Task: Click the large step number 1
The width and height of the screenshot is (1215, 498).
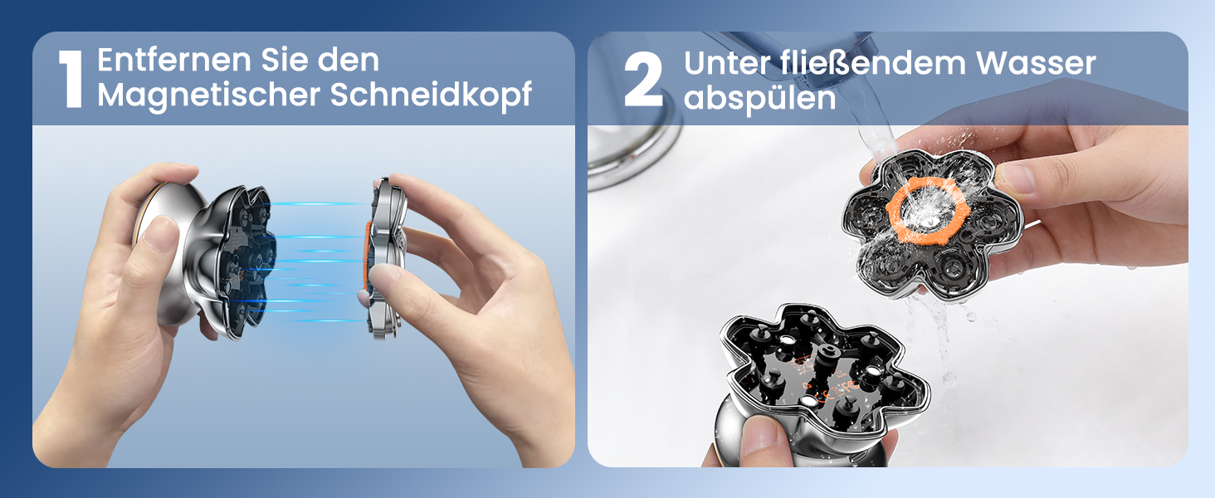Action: point(73,81)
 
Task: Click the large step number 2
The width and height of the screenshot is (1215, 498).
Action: point(644,81)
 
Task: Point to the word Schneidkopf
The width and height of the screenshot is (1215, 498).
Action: point(431,95)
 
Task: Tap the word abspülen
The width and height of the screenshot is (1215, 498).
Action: point(759,99)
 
